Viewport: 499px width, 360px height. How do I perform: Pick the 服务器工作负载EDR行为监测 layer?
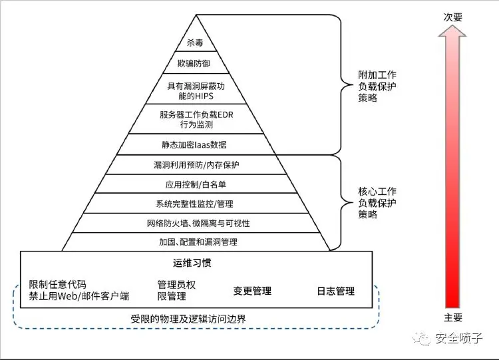[x=196, y=120]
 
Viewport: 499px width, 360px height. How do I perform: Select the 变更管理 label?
[x=252, y=291]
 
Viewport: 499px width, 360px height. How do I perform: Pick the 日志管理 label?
[x=335, y=291]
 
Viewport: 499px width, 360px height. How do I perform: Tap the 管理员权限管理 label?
[x=176, y=290]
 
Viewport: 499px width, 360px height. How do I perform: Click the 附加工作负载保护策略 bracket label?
[x=377, y=87]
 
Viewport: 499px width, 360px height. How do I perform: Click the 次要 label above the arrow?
[x=453, y=17]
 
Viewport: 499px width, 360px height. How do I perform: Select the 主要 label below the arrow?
[x=453, y=317]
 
